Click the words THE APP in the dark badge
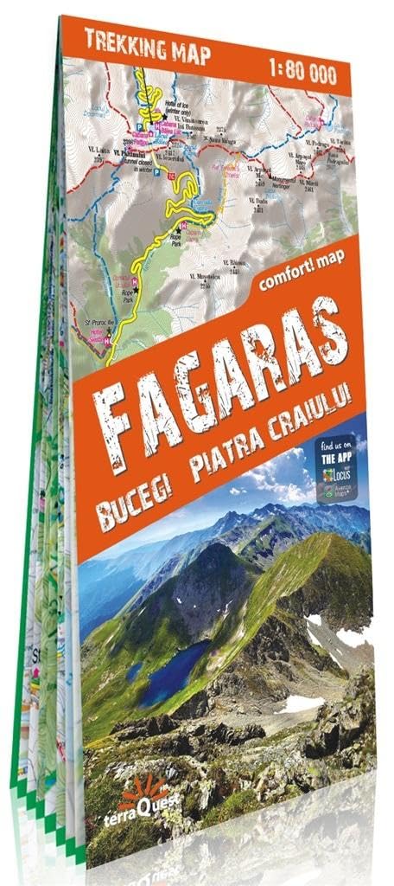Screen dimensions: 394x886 point(334,459)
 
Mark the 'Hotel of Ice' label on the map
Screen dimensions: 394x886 point(174,106)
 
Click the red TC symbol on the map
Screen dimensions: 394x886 point(171,177)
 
